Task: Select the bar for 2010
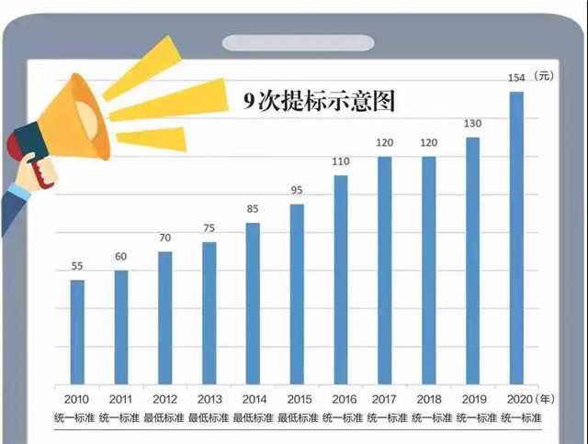coord(77,331)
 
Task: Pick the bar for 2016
coord(341,279)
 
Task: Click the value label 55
coord(77,266)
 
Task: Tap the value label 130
coord(473,124)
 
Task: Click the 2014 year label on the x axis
coord(254,399)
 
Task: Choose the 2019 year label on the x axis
coord(473,399)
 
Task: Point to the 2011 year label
coord(121,399)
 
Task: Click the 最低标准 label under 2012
coord(165,418)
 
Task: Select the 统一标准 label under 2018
coord(429,418)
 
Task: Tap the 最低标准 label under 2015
coord(298,418)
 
